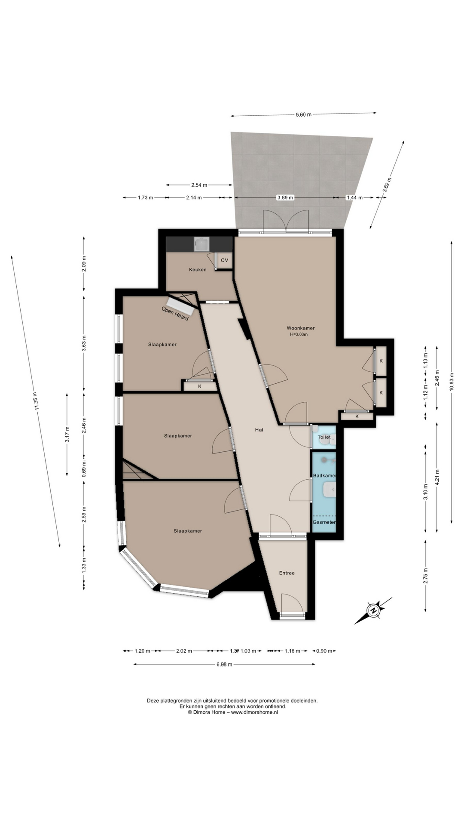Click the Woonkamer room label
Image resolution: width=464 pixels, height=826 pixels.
pos(301,328)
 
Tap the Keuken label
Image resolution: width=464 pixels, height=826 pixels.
pos(198,270)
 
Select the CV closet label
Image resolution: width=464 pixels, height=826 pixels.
pos(224,260)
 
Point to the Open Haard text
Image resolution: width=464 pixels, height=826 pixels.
pos(175,313)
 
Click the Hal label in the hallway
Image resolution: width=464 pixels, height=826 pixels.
pos(259,430)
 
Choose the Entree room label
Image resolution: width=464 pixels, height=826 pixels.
pos(287,573)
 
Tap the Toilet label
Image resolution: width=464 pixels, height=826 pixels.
pos(324,437)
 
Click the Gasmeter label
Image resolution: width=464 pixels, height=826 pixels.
pos(324,522)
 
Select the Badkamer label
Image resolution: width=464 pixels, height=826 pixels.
pos(324,476)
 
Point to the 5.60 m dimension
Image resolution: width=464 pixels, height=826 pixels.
pos(303,114)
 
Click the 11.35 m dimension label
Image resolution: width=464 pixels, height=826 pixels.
pos(35,401)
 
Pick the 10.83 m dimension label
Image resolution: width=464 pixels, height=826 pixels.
pos(452,382)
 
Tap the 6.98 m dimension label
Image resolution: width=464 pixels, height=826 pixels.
pos(224,664)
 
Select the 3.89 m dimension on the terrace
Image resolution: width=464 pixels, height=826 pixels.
pos(285,197)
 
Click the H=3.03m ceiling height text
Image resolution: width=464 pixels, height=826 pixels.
pos(299,334)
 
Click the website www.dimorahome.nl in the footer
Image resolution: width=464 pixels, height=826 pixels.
pos(255,712)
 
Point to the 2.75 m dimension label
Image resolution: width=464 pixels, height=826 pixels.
pos(425,576)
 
